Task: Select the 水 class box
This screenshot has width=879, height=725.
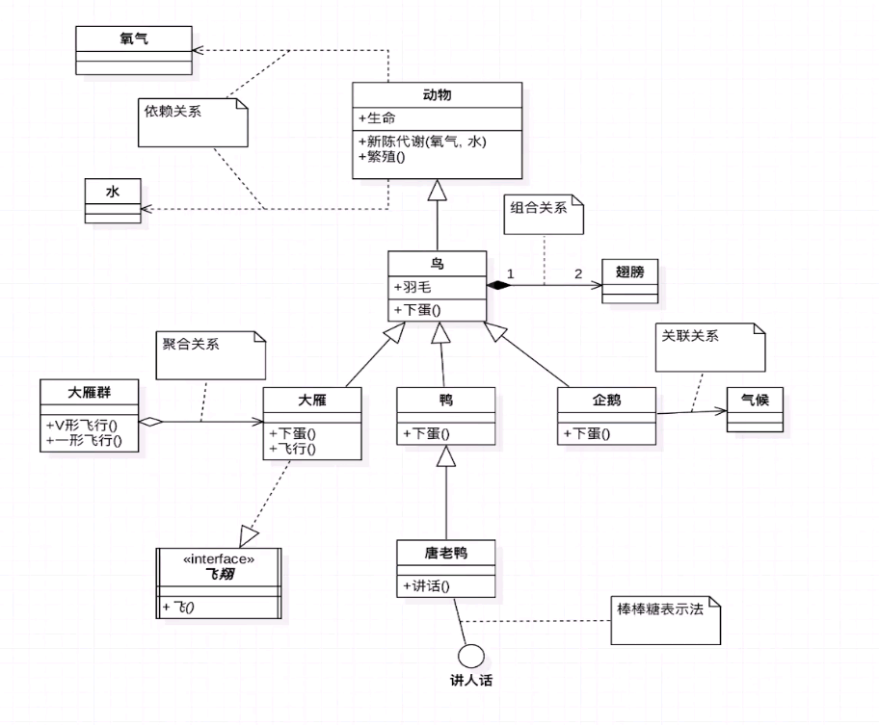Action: (x=113, y=199)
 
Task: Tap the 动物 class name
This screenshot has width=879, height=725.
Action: (x=437, y=95)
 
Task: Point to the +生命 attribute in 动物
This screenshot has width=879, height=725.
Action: (x=377, y=117)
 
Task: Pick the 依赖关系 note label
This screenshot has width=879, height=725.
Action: (x=173, y=111)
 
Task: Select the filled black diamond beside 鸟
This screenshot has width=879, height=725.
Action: (x=498, y=285)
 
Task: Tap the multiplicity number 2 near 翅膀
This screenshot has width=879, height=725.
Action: (x=578, y=273)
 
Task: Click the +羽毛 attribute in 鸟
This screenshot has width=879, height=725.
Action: (x=413, y=286)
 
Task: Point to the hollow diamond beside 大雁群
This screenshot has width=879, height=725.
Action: (x=151, y=421)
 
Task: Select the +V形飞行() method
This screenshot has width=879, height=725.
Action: (x=89, y=425)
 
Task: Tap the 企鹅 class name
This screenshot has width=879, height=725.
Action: (x=607, y=398)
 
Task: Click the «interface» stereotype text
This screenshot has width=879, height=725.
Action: (x=219, y=558)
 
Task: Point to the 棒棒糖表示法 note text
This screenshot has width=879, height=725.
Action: (x=660, y=609)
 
